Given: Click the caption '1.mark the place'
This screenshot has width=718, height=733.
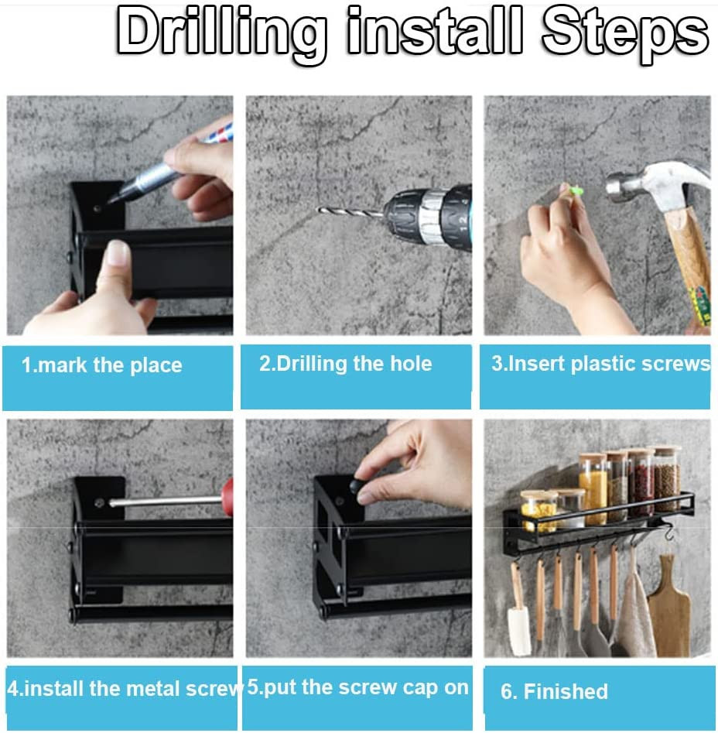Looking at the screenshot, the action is (x=102, y=365).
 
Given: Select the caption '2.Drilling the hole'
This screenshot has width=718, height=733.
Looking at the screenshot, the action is (x=346, y=364).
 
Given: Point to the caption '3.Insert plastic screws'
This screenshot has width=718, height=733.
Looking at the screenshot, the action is (x=600, y=364).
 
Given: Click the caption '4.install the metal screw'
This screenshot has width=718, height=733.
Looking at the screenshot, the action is (x=125, y=689).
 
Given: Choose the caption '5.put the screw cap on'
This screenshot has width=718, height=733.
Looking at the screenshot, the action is (x=357, y=687).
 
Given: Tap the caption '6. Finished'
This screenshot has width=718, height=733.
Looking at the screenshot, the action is (x=554, y=691).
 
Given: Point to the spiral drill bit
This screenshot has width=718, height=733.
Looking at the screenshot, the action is (x=350, y=213).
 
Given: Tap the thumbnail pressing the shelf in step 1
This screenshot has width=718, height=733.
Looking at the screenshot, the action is (x=118, y=253).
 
